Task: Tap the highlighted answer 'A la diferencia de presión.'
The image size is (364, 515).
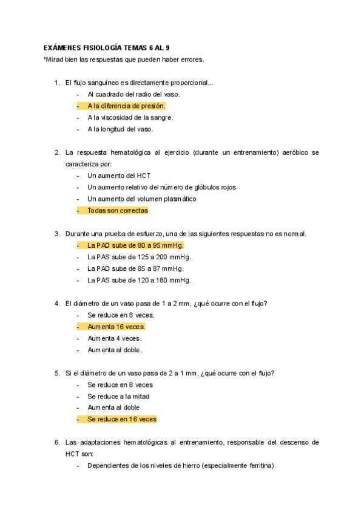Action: point(126,106)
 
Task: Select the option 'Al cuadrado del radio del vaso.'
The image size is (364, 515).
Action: point(133,94)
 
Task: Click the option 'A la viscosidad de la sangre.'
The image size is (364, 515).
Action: point(130,117)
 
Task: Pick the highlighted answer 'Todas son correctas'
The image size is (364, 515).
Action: point(118,211)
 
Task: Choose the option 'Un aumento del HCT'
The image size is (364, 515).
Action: point(118,176)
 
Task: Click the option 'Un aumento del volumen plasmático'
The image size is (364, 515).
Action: point(142,199)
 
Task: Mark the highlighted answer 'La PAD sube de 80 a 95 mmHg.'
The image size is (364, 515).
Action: point(135,245)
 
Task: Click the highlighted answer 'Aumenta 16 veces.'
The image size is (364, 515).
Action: point(116,327)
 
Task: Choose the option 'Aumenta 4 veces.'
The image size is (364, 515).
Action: point(114,338)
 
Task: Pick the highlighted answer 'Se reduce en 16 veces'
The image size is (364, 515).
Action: point(122,419)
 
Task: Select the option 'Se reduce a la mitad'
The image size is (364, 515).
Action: point(118,396)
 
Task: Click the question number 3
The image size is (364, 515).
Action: point(57,234)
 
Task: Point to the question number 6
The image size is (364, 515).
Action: point(57,443)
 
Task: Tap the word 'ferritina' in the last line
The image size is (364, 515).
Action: point(259,466)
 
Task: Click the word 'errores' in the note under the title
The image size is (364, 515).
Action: point(192,60)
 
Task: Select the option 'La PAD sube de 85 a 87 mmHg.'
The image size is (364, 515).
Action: point(135,268)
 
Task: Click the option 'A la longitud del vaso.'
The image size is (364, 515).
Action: point(120,129)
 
